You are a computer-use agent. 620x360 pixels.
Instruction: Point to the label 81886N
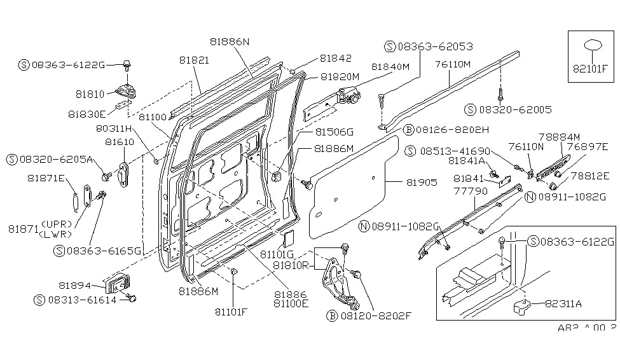point(230,41)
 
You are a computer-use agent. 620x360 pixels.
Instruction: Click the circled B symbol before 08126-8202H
point(410,130)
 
